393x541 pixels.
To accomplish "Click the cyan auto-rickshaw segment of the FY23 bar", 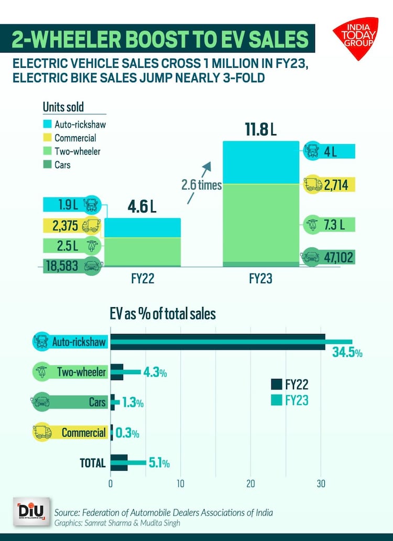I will (261, 163).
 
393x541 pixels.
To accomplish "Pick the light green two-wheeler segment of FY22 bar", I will (143, 251).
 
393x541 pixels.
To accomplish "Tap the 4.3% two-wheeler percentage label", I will (155, 373).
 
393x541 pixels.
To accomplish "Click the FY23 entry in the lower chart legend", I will (297, 401).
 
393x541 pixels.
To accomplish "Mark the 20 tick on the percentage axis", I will (250, 483).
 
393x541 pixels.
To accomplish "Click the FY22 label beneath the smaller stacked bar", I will (143, 279).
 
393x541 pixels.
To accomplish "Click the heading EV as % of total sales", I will (162, 313).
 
